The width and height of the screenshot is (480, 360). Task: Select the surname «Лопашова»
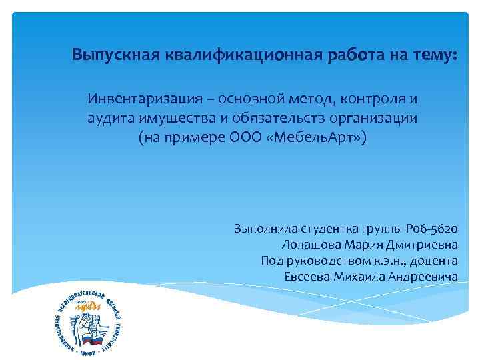coord(311,245)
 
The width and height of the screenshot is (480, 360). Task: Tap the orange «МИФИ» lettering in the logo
coord(87,306)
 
